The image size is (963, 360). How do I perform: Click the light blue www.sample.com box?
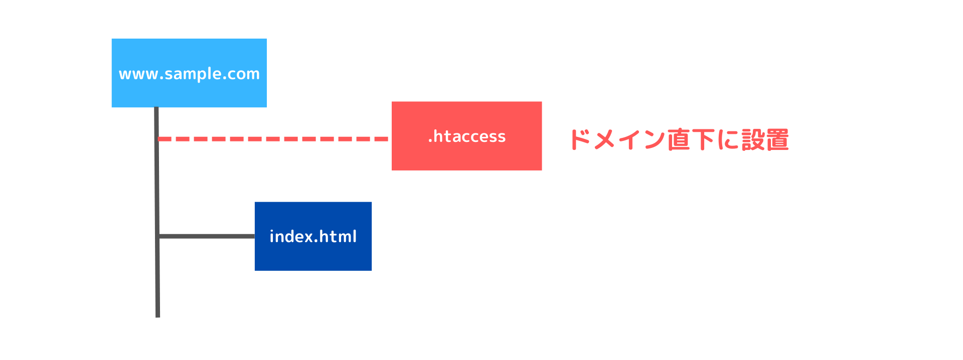tap(189, 73)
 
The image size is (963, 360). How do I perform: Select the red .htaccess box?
tap(466, 136)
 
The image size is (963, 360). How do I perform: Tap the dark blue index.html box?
tap(313, 236)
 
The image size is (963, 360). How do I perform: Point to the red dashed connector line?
tap(273, 139)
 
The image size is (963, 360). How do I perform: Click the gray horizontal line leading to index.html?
tap(207, 236)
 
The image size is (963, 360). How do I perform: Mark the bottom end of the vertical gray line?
tap(157, 317)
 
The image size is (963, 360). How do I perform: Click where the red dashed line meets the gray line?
tap(157, 139)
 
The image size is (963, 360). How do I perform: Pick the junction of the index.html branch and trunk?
tap(157, 236)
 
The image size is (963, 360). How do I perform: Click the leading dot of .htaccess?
tap(430, 141)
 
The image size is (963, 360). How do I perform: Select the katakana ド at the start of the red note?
tap(580, 139)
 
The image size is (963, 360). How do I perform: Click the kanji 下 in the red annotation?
tap(703, 139)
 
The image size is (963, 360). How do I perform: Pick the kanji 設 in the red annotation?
tap(752, 139)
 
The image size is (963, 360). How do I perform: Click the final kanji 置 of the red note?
tap(777, 139)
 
